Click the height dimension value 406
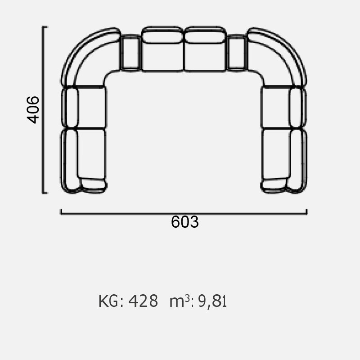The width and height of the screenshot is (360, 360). [33, 110]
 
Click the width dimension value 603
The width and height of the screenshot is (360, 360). [185, 222]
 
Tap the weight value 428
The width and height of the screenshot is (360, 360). [143, 301]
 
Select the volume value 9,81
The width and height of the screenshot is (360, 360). [212, 301]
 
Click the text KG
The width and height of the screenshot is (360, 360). [108, 301]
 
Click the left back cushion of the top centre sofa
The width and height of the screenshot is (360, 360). [162, 35]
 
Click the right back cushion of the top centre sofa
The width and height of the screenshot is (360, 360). [205, 35]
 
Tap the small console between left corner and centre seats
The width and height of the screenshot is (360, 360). [130, 53]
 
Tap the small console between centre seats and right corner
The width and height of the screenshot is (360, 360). [237, 53]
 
